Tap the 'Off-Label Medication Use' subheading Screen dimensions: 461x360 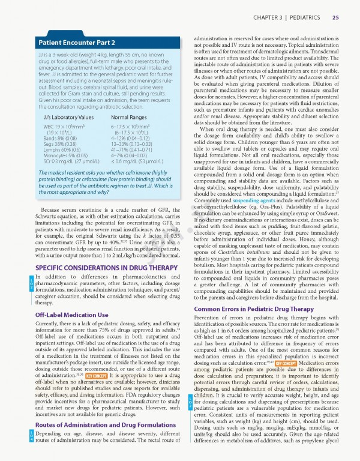click(71, 315)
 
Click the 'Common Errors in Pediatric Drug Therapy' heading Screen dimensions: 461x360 click(254, 309)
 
